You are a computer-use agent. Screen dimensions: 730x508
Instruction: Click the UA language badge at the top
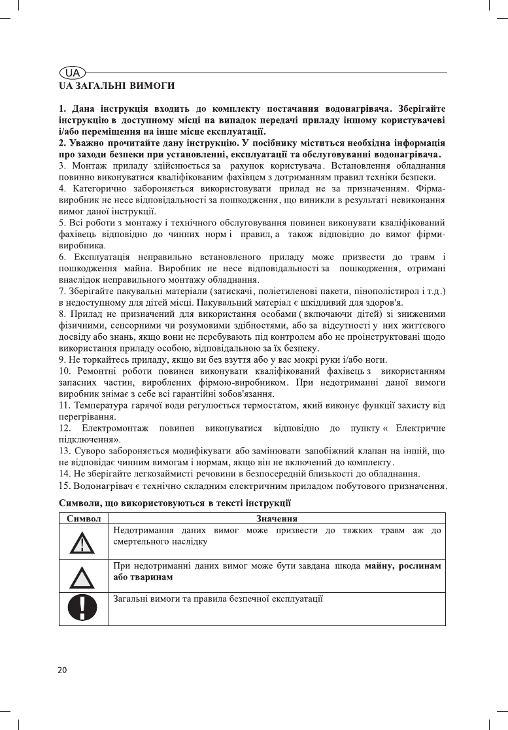(71, 73)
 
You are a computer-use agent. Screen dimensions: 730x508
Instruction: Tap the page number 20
(63, 670)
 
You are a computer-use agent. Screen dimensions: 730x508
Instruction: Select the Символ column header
(84, 517)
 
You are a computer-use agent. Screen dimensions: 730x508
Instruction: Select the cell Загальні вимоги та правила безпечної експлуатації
(218, 598)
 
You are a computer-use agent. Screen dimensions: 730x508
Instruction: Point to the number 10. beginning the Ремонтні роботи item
(66, 371)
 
